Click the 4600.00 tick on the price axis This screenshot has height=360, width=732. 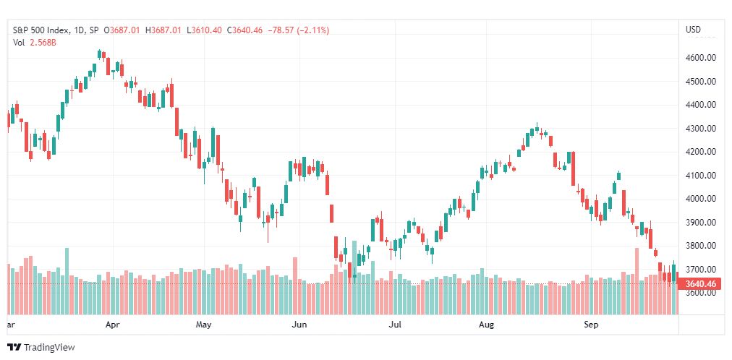(700, 58)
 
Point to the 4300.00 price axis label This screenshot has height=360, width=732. (700, 128)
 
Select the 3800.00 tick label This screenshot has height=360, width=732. (700, 246)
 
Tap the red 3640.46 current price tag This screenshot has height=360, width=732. (700, 283)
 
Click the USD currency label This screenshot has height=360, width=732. (693, 30)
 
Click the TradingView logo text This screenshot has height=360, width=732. (49, 348)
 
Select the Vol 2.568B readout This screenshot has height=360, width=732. (35, 43)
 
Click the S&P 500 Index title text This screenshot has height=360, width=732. (41, 30)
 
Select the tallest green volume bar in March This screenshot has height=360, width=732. (67, 280)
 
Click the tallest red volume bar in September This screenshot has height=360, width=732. (637, 280)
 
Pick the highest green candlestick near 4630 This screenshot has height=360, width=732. (99, 54)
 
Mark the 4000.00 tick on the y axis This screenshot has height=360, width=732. (700, 199)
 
